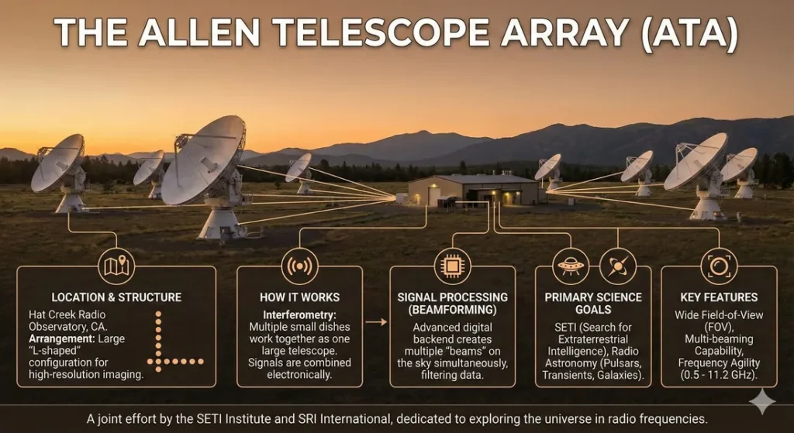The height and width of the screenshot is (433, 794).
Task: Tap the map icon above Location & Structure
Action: coord(116,266)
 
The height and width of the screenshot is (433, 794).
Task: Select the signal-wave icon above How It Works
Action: coord(299,266)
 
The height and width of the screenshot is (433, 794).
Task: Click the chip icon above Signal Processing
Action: coord(451,266)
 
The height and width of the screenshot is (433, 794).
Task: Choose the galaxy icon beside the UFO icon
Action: coord(617,266)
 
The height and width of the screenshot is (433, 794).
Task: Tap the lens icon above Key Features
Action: coord(718,266)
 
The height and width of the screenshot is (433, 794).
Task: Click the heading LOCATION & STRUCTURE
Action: coord(116,297)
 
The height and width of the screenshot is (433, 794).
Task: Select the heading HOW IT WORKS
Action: coord(299,297)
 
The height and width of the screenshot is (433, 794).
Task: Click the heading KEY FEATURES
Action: coord(718,297)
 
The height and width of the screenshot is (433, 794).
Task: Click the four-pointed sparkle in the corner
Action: coord(761,401)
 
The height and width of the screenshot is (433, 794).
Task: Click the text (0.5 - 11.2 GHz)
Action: coord(717,374)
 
